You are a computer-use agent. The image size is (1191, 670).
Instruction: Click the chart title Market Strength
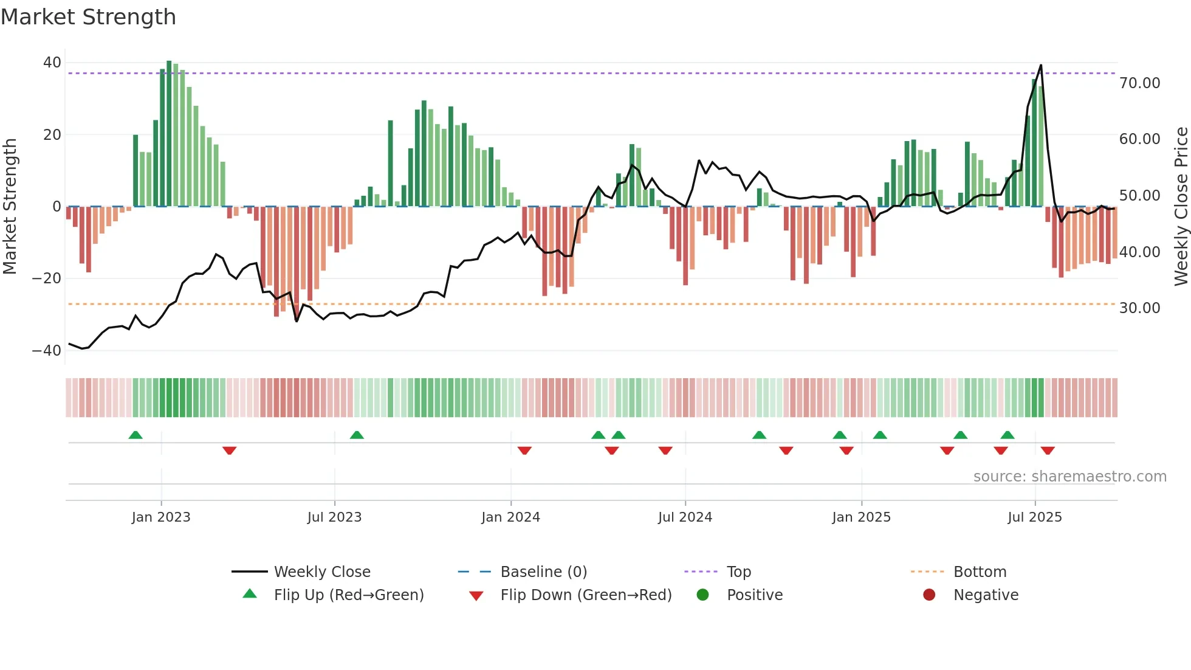click(88, 17)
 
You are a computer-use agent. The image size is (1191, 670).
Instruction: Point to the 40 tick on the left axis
click(52, 63)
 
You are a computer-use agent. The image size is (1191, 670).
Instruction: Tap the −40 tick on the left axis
click(47, 351)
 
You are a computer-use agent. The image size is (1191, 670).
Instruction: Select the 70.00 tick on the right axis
click(1139, 83)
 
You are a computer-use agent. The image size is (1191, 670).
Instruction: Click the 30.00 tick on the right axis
click(1139, 308)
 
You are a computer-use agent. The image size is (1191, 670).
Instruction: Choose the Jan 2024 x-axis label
click(510, 517)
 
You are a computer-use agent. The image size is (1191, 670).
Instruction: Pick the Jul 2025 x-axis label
click(1034, 517)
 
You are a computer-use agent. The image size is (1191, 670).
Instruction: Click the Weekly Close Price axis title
click(1181, 207)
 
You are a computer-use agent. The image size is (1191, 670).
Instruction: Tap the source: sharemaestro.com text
click(1069, 477)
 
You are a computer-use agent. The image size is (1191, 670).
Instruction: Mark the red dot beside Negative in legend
click(929, 595)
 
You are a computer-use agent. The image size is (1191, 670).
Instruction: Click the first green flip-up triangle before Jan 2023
click(136, 435)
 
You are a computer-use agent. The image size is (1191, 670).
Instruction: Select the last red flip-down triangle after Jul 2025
click(1048, 451)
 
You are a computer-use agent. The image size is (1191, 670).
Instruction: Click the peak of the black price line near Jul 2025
click(1041, 65)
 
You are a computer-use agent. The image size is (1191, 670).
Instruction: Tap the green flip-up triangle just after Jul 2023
click(357, 435)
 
